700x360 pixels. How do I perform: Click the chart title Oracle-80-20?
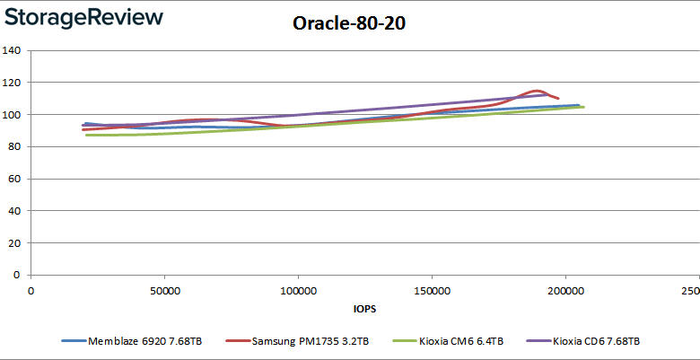click(x=349, y=23)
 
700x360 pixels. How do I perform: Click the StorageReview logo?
click(x=83, y=18)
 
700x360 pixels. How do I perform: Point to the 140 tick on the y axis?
click(x=11, y=50)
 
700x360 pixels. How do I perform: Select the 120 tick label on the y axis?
click(x=11, y=83)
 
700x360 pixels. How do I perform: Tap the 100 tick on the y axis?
click(x=11, y=115)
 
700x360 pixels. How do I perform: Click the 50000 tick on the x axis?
click(x=164, y=291)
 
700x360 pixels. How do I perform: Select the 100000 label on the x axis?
click(x=298, y=291)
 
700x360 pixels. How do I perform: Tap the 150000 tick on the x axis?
click(x=432, y=291)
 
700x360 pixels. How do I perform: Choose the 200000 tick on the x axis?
click(x=565, y=291)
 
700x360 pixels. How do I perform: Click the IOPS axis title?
click(x=364, y=309)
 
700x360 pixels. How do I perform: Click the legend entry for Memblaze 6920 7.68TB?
click(x=132, y=342)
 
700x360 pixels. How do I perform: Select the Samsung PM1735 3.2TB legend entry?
click(x=298, y=342)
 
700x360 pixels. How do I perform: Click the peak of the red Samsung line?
click(x=536, y=91)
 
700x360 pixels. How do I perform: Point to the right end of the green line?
click(x=583, y=107)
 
